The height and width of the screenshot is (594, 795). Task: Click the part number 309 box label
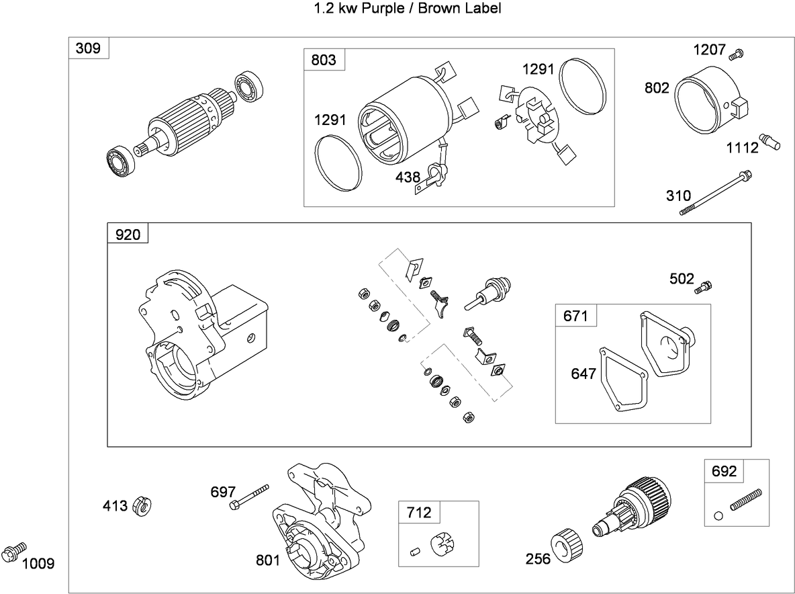(x=89, y=48)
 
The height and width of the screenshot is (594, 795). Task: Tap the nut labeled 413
(x=142, y=506)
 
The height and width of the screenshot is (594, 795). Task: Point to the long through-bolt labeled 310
(x=714, y=194)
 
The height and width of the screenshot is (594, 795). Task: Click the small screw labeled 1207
(x=737, y=53)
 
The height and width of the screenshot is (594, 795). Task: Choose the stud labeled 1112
(x=770, y=140)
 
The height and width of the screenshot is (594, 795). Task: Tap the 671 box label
(x=575, y=315)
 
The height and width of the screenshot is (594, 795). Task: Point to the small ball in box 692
(x=718, y=515)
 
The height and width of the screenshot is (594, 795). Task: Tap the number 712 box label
(x=418, y=513)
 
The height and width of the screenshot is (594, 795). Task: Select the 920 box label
(x=128, y=234)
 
